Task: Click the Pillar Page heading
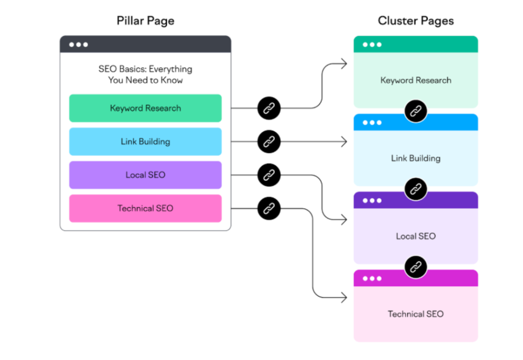coord(145,21)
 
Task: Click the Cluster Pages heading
coord(416,21)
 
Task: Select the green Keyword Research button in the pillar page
coord(145,108)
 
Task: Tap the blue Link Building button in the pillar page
coord(145,142)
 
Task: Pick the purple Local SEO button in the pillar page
coord(145,175)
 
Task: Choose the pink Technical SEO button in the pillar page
coord(145,208)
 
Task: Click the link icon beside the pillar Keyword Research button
coord(269,108)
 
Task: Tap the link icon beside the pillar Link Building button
coord(269,142)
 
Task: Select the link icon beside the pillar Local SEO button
coord(269,175)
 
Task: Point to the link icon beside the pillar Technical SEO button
coord(269,208)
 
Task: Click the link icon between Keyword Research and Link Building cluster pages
coord(416,111)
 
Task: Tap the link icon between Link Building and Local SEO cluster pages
coord(416,188)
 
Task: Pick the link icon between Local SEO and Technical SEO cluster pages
coord(416,267)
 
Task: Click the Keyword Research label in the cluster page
coord(416,80)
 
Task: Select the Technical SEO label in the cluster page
coord(416,314)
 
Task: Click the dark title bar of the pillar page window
coord(145,45)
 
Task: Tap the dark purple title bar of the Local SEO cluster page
coord(416,201)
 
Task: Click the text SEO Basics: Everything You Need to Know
coord(145,75)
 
